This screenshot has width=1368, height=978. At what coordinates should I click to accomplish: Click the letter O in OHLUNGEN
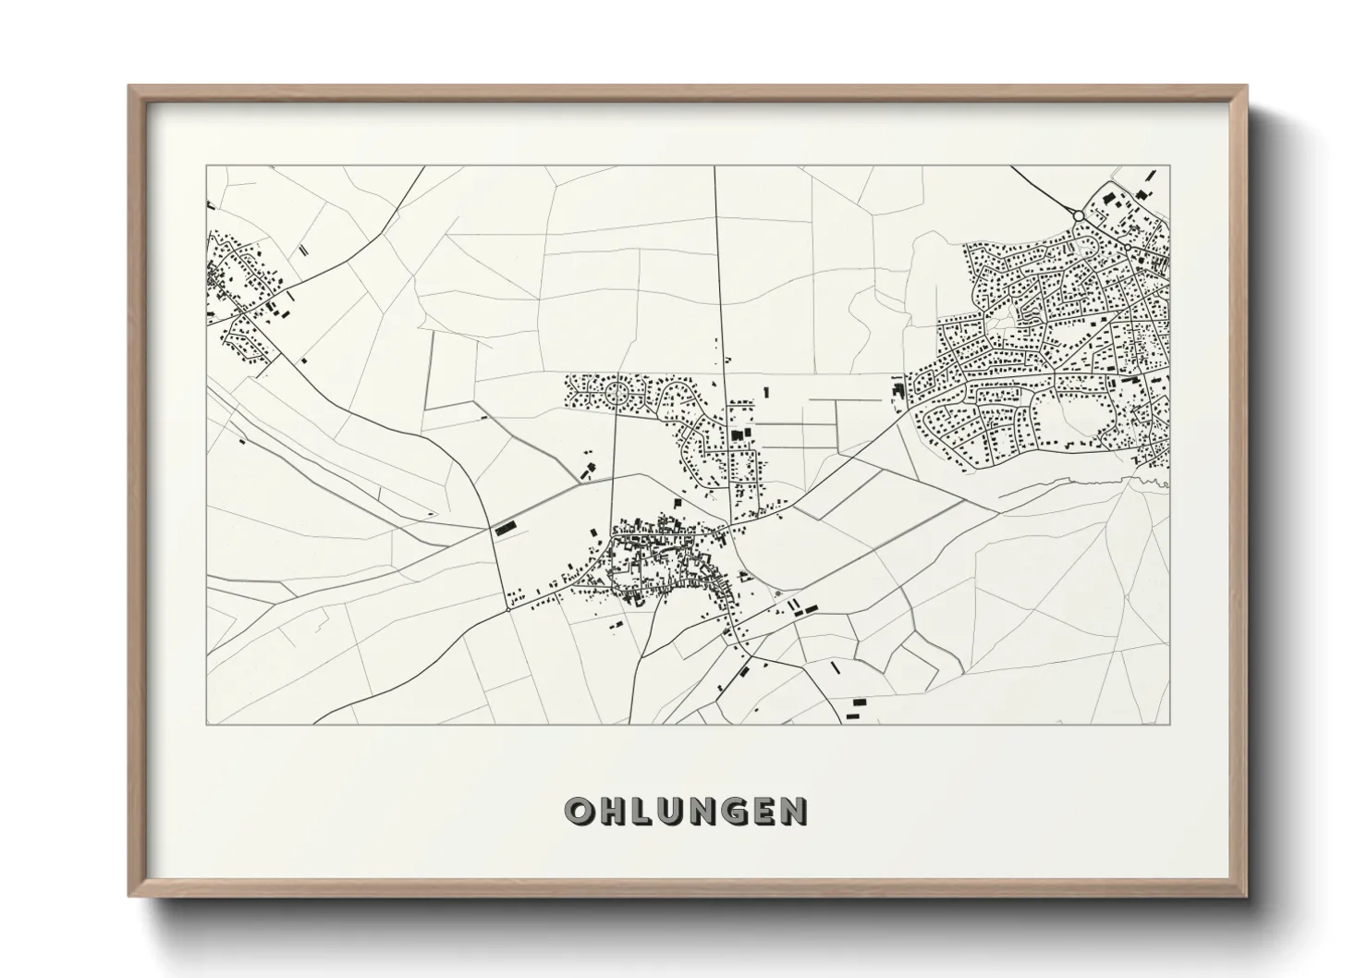point(579,811)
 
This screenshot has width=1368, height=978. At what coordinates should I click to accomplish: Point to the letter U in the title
point(672,811)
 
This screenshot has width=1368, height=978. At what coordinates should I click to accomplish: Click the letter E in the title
point(763,811)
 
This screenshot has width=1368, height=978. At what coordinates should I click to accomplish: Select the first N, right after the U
point(703,811)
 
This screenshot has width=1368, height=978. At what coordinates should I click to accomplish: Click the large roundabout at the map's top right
point(1078,215)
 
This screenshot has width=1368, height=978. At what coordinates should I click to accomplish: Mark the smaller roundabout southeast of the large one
point(1129,248)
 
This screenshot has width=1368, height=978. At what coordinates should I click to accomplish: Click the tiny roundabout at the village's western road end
point(508,609)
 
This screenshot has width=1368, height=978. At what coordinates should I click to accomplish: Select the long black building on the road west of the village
point(504,530)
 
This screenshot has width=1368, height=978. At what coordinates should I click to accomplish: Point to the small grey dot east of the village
point(778,593)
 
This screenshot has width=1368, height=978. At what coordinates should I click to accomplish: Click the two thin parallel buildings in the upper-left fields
point(301,250)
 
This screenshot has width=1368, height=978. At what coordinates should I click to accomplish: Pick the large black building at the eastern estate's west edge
point(895,389)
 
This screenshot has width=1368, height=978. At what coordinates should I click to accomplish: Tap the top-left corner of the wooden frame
point(130,87)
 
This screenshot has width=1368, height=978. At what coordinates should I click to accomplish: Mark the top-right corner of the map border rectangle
point(1170,166)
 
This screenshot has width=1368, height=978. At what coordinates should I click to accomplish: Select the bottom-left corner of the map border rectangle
point(206,724)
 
